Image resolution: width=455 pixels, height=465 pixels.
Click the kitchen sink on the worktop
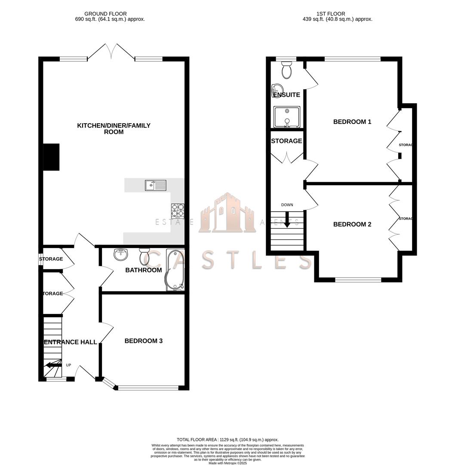pyautogui.click(x=156, y=185)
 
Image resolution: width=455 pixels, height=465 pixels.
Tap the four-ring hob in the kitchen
pyautogui.click(x=178, y=210)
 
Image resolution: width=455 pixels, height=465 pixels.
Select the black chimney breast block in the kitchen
pyautogui.click(x=51, y=157)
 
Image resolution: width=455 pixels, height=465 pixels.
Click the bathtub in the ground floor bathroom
pyautogui.click(x=175, y=270)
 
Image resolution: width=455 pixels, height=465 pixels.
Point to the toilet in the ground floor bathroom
pyautogui.click(x=144, y=257)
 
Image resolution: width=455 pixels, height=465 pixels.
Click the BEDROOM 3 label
pyautogui.click(x=143, y=341)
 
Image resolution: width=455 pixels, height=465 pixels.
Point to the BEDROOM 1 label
pyautogui.click(x=352, y=122)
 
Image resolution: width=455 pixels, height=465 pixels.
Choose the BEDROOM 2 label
pyautogui.click(x=352, y=224)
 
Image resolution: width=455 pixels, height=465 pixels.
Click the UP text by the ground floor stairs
pyautogui.click(x=68, y=365)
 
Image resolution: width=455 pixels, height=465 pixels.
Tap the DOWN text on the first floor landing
pyautogui.click(x=287, y=205)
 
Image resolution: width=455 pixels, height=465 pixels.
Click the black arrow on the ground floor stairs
pyautogui.click(x=53, y=365)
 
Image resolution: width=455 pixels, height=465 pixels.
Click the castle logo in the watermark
pyautogui.click(x=227, y=214)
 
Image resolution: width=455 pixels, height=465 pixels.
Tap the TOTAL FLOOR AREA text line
pyautogui.click(x=227, y=439)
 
